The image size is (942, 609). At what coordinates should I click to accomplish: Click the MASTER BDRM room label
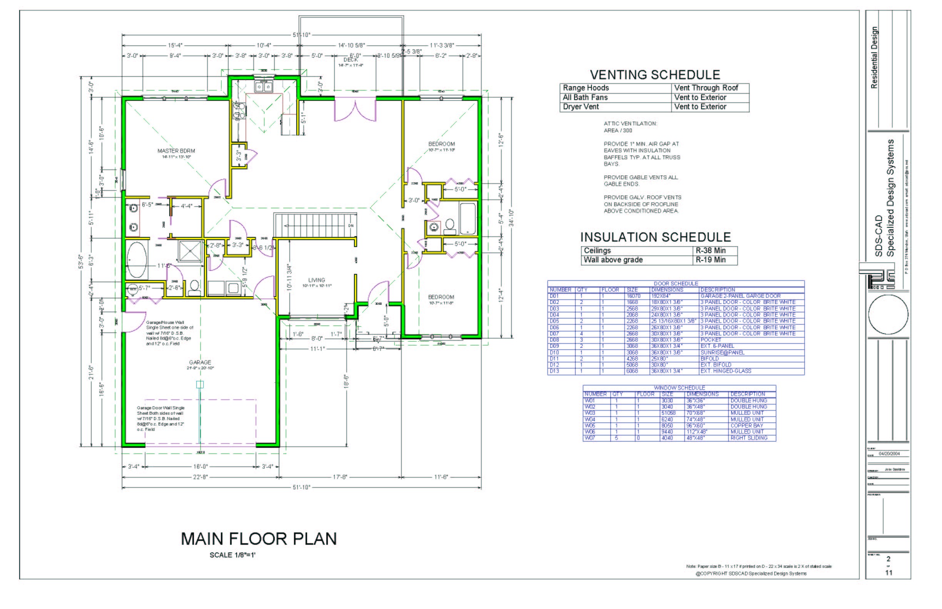[x=176, y=151]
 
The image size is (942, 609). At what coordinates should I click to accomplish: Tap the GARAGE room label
[x=200, y=362]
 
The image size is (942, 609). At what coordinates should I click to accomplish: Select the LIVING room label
[x=316, y=280]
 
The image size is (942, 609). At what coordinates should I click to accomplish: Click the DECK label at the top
[x=351, y=60]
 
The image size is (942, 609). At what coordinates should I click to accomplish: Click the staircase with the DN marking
[x=315, y=225]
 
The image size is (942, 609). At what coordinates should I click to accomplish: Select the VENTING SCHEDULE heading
[x=655, y=75]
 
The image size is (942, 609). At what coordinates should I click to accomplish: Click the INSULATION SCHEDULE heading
[x=655, y=237]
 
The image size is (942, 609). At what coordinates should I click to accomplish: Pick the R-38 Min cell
[x=710, y=250]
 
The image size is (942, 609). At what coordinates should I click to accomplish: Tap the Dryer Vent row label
[x=581, y=107]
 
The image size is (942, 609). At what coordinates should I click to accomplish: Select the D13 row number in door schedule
[x=554, y=371]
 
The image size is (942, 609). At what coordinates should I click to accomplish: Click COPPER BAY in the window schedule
[x=746, y=425]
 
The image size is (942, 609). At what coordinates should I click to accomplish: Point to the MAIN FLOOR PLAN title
[x=259, y=539]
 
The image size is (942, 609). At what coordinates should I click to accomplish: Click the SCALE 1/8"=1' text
[x=232, y=555]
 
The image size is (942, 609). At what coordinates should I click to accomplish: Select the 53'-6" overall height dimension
[x=81, y=261]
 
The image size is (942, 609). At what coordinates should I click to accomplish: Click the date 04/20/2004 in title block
[x=889, y=454]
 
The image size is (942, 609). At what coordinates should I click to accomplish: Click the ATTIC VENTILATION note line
[x=630, y=123]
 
